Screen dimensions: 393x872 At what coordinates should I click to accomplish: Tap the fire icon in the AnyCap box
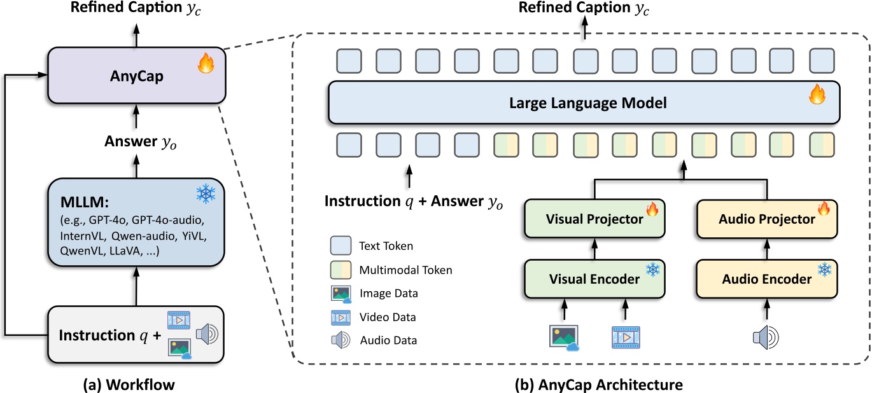point(204,64)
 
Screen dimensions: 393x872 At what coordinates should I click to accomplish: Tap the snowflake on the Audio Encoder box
point(824,270)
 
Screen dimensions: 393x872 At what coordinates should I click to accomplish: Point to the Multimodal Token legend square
point(341,270)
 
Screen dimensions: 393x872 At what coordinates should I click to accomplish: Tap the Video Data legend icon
point(341,317)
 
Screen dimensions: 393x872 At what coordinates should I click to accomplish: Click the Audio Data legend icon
point(341,340)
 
